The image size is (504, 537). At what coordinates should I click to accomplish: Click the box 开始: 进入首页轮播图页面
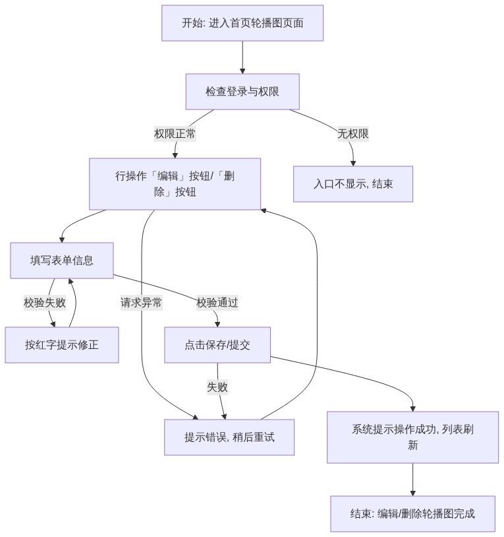click(242, 23)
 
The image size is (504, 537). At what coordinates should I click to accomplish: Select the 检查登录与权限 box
click(242, 92)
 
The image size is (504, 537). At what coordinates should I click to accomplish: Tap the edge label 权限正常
click(175, 133)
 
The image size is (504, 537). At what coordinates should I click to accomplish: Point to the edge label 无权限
click(353, 133)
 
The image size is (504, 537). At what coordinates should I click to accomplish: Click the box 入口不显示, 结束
click(353, 184)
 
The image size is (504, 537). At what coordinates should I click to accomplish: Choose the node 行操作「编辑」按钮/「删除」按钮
click(175, 184)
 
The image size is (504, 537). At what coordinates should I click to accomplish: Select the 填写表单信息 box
click(61, 261)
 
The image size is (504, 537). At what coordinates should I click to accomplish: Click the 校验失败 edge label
click(44, 303)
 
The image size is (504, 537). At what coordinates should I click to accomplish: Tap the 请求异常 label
click(141, 303)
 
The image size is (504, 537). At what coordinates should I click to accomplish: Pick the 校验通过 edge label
click(217, 303)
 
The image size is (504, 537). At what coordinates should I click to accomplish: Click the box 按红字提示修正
click(61, 345)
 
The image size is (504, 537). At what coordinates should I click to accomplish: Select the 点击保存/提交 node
click(217, 345)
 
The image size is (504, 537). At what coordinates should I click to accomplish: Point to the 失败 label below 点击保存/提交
click(217, 387)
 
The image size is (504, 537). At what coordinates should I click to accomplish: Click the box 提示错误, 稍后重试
click(229, 437)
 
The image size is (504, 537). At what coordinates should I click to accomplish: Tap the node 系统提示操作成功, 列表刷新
click(412, 437)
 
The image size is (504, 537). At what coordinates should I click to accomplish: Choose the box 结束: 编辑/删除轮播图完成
click(412, 514)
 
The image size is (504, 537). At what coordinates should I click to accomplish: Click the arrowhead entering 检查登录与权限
click(242, 71)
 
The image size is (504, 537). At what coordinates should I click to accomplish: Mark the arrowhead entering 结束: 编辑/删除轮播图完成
click(412, 493)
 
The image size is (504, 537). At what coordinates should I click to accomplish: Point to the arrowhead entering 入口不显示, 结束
click(353, 164)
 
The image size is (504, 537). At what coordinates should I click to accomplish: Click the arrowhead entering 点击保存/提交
click(217, 325)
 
